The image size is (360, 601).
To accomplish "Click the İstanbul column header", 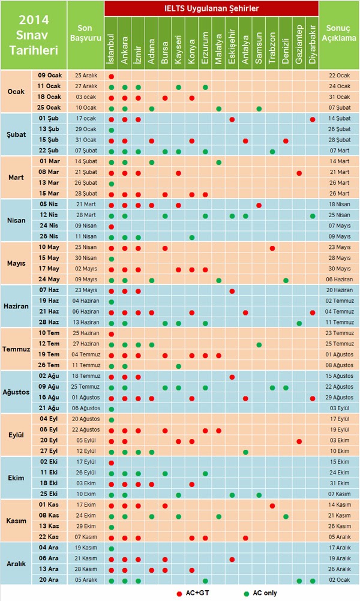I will point(112,43).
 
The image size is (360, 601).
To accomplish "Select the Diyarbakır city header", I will point(313,43).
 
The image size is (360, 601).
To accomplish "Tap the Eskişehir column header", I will point(232,43).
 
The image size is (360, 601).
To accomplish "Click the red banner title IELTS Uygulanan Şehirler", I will point(212,8).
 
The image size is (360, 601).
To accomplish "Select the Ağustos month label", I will point(16,392).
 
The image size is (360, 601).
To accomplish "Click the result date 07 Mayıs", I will point(339,226).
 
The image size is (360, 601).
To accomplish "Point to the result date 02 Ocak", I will point(339,580).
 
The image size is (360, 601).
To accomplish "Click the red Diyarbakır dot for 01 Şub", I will point(313,119).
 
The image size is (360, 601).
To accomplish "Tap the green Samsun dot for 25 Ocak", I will point(259,109).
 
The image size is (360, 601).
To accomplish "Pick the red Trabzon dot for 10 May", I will point(272,248).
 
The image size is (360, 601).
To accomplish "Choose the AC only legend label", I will point(265,593).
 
